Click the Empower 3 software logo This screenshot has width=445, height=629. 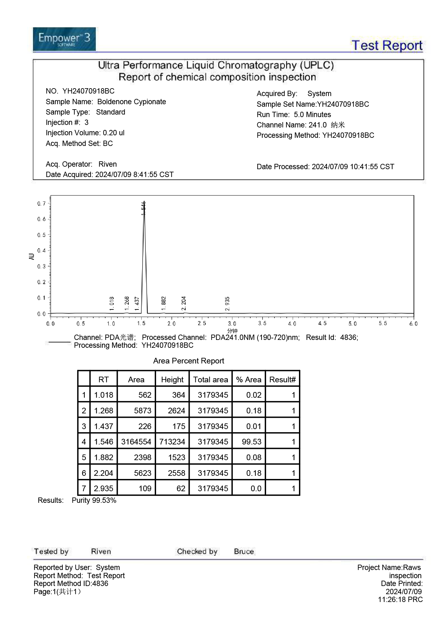click(64, 39)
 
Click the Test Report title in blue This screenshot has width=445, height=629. click(387, 46)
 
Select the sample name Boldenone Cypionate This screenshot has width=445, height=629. click(132, 102)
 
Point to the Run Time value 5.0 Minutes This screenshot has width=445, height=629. click(312, 115)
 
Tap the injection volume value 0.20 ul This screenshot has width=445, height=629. click(114, 133)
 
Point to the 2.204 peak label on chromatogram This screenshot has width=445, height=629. click(184, 303)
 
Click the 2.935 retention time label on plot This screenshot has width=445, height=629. click(227, 303)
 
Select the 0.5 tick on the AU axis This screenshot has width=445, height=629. click(41, 235)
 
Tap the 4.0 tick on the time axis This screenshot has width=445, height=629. click(292, 324)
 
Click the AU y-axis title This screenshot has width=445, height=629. click(31, 256)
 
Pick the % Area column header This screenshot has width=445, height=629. click(248, 379)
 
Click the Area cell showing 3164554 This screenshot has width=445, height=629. click(136, 442)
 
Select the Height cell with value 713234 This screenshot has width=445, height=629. click(172, 442)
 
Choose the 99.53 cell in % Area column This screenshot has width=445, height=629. click(252, 442)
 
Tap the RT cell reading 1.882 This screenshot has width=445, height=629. click(104, 457)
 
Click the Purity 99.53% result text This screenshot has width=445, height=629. click(94, 500)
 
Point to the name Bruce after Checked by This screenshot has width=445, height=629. click(244, 551)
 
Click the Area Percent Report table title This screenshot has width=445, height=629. click(188, 361)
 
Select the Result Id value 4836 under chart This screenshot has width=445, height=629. click(348, 337)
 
